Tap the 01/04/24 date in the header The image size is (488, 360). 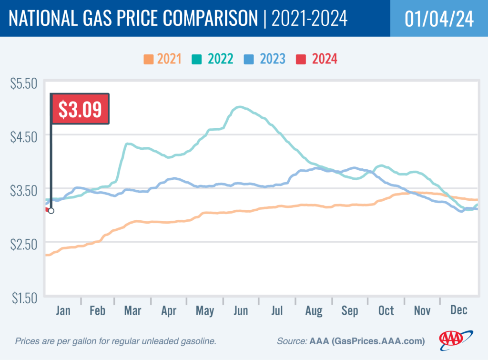click(x=438, y=19)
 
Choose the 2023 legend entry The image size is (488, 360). click(x=266, y=59)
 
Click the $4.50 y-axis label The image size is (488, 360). click(x=23, y=137)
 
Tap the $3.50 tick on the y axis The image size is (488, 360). click(x=23, y=191)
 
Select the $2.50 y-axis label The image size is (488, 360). click(x=23, y=245)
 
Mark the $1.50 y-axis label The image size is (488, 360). click(x=23, y=298)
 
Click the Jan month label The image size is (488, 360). click(x=63, y=310)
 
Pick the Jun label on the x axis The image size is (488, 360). click(x=241, y=310)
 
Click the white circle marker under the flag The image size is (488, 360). click(x=51, y=211)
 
